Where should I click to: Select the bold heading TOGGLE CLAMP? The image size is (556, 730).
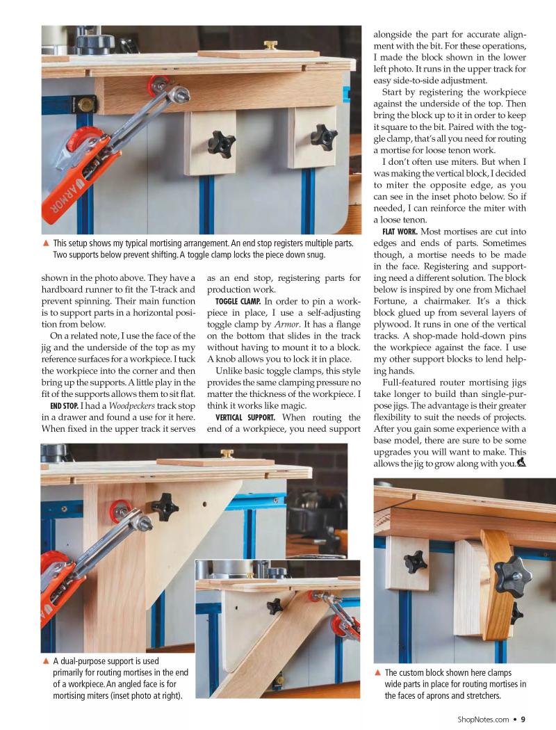pyautogui.click(x=238, y=301)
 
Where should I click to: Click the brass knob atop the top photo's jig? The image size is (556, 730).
pyautogui.click(x=270, y=46)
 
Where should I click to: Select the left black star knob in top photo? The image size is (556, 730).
pyautogui.click(x=221, y=143)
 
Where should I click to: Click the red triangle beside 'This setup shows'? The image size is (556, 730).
pyautogui.click(x=46, y=243)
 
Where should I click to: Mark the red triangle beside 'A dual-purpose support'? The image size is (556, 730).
pyautogui.click(x=46, y=661)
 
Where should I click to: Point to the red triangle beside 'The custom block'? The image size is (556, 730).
pyautogui.click(x=377, y=672)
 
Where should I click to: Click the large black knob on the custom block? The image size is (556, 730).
pyautogui.click(x=512, y=574)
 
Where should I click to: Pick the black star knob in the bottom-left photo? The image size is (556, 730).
pyautogui.click(x=165, y=505)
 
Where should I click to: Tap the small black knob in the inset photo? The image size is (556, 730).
pyautogui.click(x=275, y=605)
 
